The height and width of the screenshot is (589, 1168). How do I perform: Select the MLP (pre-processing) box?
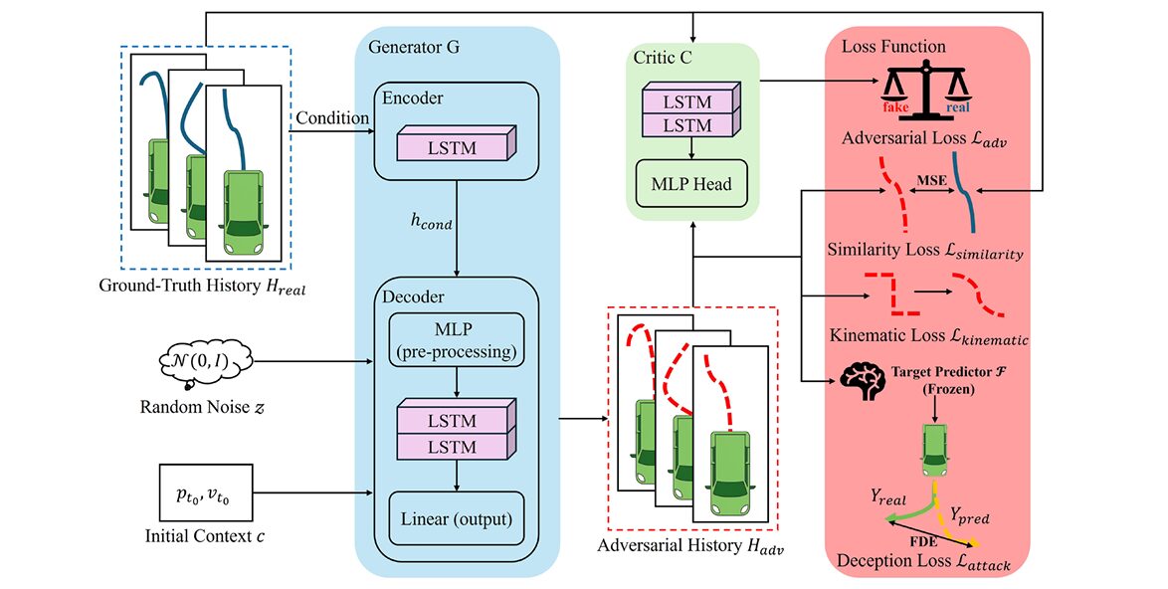click(456, 339)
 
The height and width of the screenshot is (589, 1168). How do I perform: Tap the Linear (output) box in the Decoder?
click(456, 518)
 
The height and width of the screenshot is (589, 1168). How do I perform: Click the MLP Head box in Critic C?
click(690, 183)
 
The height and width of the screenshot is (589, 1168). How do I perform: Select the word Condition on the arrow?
click(330, 118)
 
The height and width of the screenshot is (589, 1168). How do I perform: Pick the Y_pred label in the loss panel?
click(971, 515)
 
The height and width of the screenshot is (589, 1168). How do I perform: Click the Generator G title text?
click(413, 48)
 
